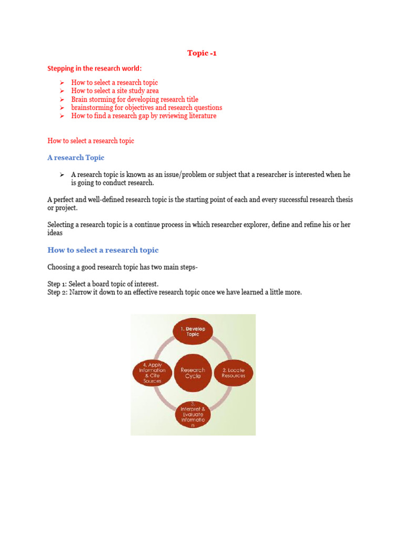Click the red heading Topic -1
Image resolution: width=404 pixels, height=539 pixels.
[x=202, y=53]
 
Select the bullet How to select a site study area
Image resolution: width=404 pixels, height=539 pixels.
[x=115, y=91]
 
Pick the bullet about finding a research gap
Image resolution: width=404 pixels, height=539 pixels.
[x=144, y=116]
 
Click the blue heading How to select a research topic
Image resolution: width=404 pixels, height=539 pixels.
[x=103, y=250]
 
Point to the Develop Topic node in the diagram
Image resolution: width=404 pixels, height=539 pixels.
[x=193, y=331]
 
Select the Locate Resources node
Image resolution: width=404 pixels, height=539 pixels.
[x=233, y=373]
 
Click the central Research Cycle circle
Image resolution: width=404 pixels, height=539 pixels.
[x=193, y=373]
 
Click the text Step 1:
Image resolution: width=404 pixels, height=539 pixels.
[x=57, y=284]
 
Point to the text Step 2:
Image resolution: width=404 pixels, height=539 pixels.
[x=57, y=292]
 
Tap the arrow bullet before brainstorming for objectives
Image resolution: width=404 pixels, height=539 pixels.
[x=62, y=108]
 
